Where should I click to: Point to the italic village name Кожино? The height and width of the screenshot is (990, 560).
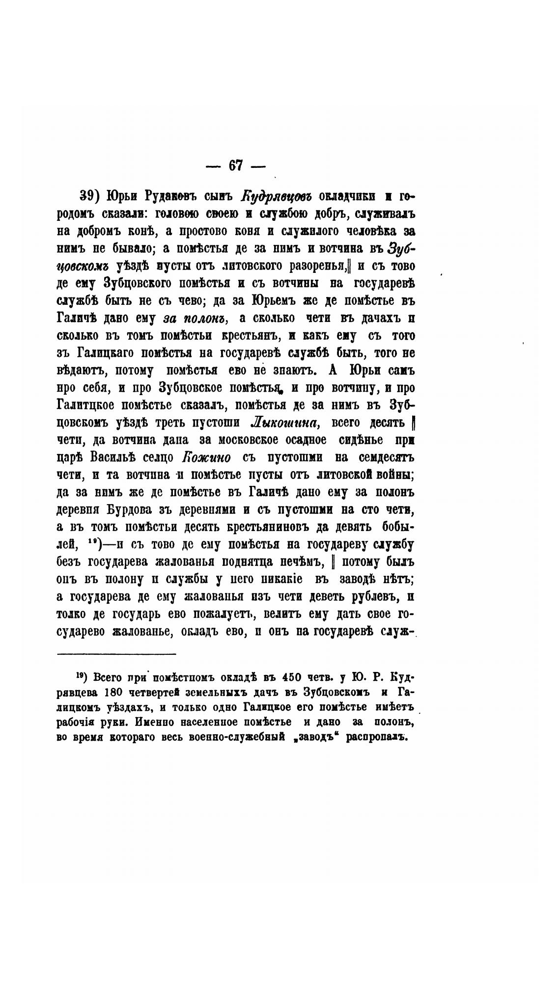(206, 457)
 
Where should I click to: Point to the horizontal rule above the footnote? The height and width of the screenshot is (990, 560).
(116, 654)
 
